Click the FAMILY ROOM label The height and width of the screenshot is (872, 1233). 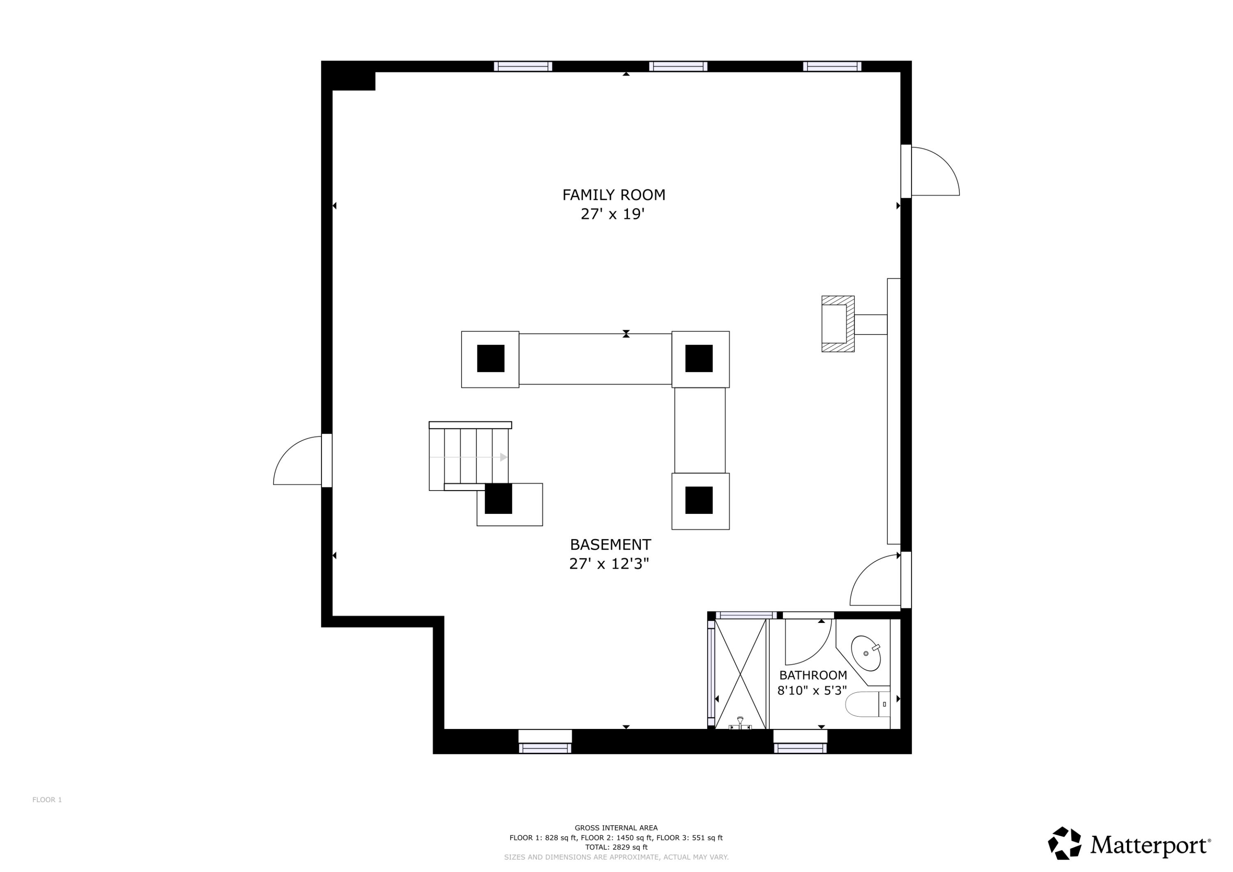(x=613, y=195)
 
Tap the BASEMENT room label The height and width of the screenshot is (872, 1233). (x=610, y=545)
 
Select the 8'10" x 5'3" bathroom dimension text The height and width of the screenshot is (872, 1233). (x=812, y=690)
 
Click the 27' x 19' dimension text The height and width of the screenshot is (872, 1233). (x=612, y=214)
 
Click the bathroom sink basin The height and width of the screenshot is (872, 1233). (x=865, y=653)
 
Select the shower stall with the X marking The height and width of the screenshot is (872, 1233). (x=740, y=674)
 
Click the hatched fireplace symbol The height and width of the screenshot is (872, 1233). (x=837, y=324)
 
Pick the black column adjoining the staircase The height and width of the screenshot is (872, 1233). (x=498, y=499)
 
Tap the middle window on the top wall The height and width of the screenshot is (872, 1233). (x=678, y=66)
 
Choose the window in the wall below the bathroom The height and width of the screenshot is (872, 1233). (x=800, y=747)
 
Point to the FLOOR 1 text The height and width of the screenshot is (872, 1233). (x=47, y=800)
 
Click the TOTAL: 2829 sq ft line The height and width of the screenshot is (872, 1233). (x=616, y=847)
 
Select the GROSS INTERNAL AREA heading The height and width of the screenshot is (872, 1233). (x=616, y=828)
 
